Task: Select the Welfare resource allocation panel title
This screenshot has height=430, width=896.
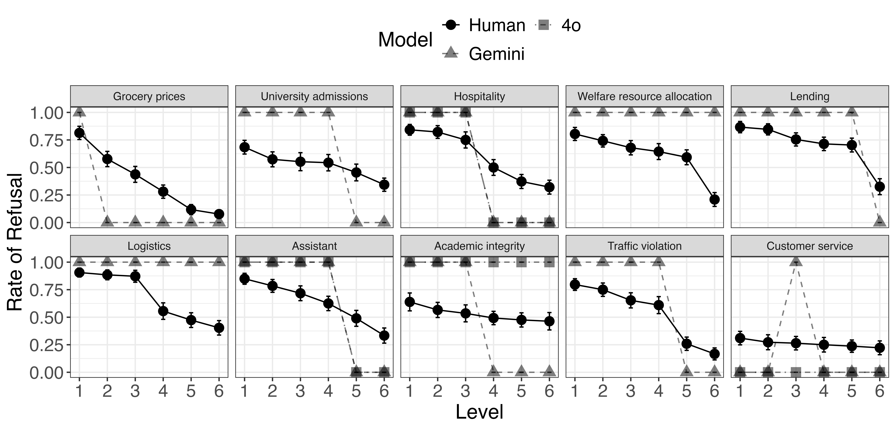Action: tap(645, 96)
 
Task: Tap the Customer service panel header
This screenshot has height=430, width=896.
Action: tap(810, 246)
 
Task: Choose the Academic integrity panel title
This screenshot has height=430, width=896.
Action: tap(479, 246)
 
